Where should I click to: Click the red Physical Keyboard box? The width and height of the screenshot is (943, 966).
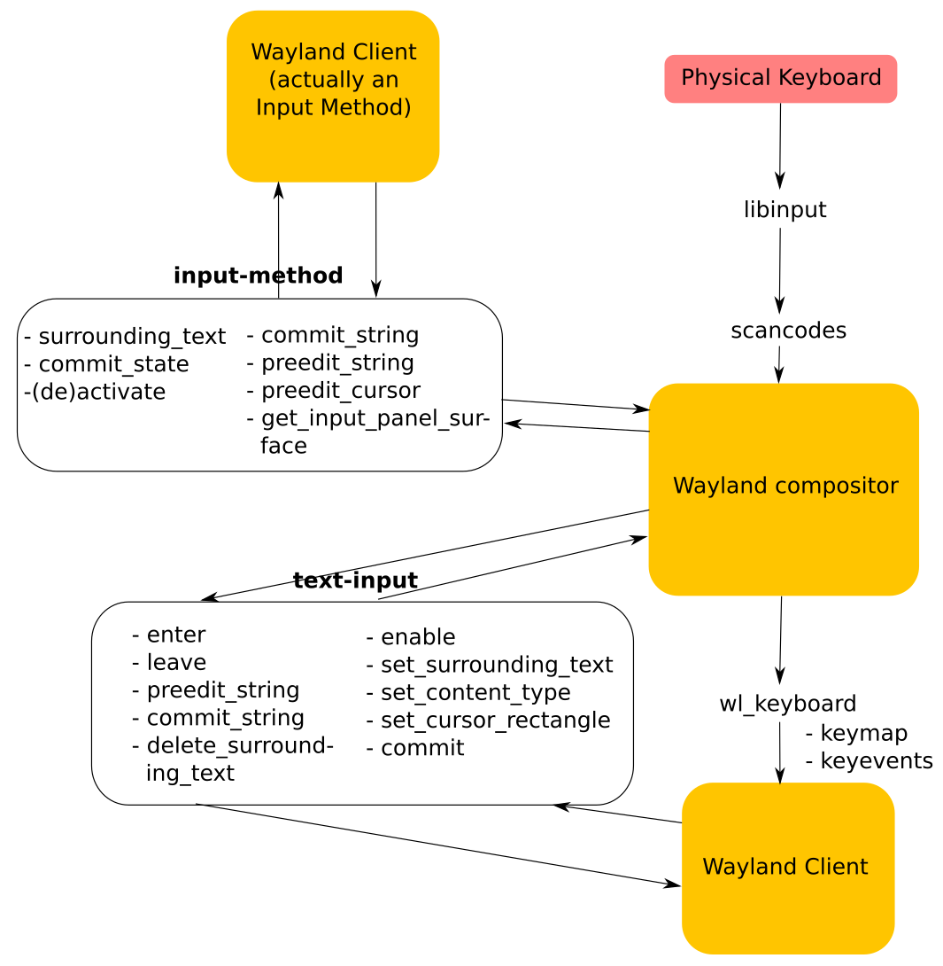[780, 79]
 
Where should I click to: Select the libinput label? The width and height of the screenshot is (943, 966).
[785, 210]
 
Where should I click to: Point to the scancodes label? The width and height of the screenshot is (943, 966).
[788, 331]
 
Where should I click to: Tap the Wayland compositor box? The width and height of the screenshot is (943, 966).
[784, 488]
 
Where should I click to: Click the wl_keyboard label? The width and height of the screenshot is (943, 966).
[787, 704]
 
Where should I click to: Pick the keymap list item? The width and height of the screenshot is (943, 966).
[856, 733]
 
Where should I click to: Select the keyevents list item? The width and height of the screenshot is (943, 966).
[869, 760]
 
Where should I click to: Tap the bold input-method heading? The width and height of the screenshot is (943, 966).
[258, 276]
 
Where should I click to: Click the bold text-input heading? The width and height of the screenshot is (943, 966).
[355, 580]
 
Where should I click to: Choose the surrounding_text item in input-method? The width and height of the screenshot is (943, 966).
[125, 337]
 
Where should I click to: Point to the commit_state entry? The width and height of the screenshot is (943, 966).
[106, 364]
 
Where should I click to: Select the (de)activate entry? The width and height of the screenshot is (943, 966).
[95, 392]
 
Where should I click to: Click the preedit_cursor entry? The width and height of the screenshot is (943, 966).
[333, 391]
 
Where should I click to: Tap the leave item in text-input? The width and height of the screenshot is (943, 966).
[168, 663]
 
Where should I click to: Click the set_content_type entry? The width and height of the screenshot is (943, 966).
[468, 692]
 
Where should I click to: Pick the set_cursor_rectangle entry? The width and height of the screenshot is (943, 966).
[488, 720]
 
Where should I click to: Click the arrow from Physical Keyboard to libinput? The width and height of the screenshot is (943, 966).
[780, 146]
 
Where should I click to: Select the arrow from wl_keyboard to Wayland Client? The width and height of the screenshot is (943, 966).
[779, 753]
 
